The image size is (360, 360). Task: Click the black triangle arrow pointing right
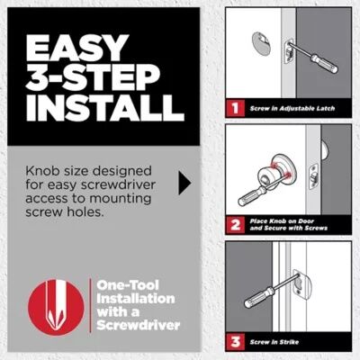coord(185,184)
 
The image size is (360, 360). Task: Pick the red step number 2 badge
coord(233,225)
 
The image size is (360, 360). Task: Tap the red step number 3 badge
coord(233,341)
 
